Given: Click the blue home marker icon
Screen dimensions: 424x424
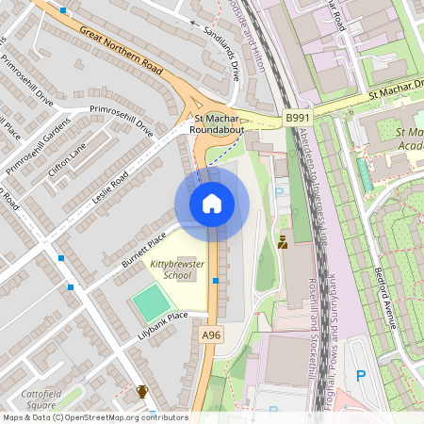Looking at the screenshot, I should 212,204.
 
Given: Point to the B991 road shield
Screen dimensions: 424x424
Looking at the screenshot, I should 298,118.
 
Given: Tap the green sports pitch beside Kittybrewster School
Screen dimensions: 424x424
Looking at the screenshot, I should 152,302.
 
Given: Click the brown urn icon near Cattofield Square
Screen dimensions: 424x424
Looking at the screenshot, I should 142,392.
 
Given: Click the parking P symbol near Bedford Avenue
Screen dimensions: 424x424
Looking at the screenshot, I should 360,376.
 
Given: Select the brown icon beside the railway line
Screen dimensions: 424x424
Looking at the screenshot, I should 283,242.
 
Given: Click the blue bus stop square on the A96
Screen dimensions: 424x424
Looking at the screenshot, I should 216,281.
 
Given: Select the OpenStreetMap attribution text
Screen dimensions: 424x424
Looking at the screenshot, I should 94,417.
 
